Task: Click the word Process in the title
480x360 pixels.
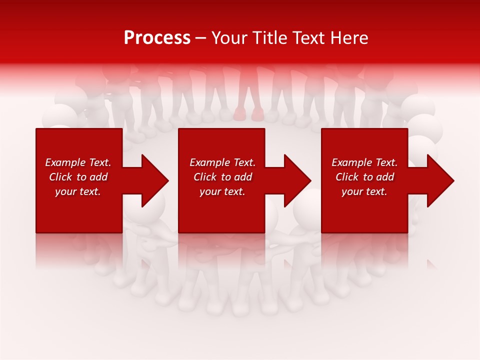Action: pyautogui.click(x=157, y=38)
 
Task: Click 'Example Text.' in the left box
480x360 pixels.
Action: pyautogui.click(x=78, y=162)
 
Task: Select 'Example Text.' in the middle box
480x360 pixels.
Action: pyautogui.click(x=222, y=162)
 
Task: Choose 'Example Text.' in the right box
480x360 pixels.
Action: pyautogui.click(x=364, y=162)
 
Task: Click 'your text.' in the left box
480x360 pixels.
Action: pyautogui.click(x=78, y=191)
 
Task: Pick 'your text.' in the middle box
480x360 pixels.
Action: pyautogui.click(x=222, y=191)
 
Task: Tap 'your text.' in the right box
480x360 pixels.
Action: pyautogui.click(x=364, y=191)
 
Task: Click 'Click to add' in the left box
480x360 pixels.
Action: pyautogui.click(x=78, y=177)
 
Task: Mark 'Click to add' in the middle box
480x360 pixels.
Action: pyautogui.click(x=222, y=177)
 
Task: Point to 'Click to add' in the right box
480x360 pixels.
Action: pyautogui.click(x=364, y=177)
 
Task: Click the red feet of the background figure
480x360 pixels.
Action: pyautogui.click(x=248, y=115)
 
